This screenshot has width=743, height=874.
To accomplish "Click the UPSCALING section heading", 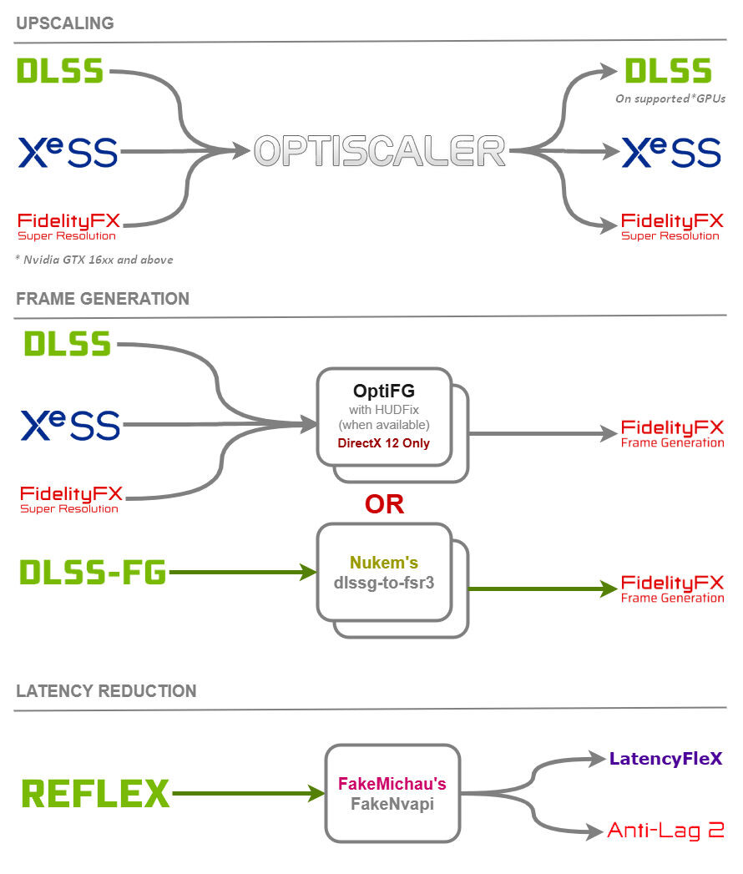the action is click(x=64, y=23).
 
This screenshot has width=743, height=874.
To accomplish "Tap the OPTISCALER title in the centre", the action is click(x=380, y=150).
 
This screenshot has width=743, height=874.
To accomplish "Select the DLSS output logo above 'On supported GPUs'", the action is click(x=669, y=71).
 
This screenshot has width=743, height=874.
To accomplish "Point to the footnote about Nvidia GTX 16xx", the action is click(x=94, y=260).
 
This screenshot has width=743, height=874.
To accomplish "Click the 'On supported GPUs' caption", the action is click(x=670, y=99).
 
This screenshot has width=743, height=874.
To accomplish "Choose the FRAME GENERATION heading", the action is click(x=103, y=299).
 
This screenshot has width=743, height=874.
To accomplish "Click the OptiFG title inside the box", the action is click(x=384, y=391).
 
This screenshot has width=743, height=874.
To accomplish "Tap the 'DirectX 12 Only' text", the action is click(x=383, y=443).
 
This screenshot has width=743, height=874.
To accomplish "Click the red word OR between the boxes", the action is click(x=385, y=504).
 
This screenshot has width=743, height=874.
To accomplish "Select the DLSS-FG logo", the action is click(x=94, y=573).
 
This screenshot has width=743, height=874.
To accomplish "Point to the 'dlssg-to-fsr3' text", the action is click(x=384, y=583).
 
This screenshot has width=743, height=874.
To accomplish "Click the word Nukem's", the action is click(x=384, y=563).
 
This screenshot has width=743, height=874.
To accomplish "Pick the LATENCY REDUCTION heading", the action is click(x=106, y=691).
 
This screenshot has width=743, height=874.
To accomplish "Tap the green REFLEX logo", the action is click(x=95, y=793).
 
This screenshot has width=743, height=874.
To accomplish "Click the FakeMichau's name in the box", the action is click(x=392, y=784).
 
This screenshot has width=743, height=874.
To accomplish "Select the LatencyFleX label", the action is click(x=666, y=759).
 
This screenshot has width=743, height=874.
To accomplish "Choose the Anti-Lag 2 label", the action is click(x=666, y=830).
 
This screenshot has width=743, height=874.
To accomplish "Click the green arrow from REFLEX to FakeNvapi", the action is click(x=249, y=793).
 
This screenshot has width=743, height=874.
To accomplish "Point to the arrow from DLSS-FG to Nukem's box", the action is click(x=243, y=572).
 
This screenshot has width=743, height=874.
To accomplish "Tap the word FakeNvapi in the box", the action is click(x=392, y=804).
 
